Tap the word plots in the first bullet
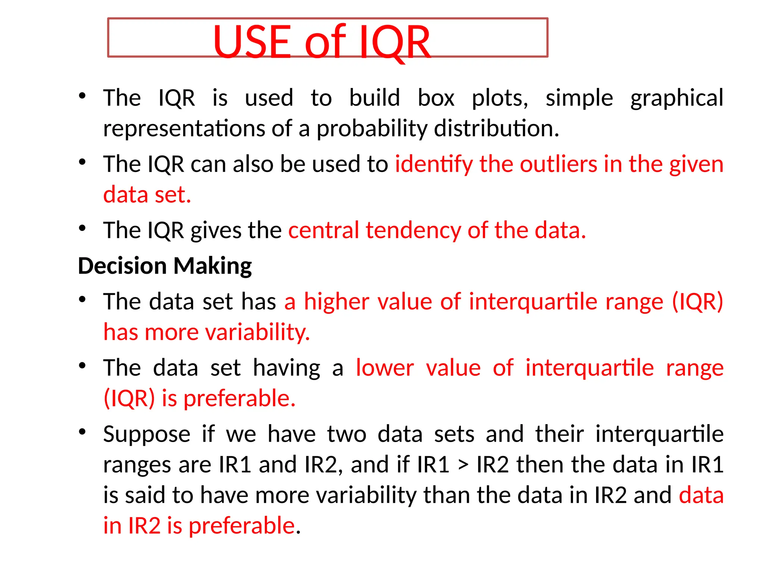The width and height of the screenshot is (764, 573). tap(500, 98)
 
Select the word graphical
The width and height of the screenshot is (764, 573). tap(677, 98)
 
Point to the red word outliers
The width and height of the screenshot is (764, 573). tap(558, 164)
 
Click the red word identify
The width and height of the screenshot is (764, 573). tap(433, 164)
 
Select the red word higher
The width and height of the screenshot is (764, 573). tap(336, 301)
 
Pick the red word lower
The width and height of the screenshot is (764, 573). tap(385, 368)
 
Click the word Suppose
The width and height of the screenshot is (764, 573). tap(147, 435)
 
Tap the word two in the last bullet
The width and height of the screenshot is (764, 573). tap(347, 435)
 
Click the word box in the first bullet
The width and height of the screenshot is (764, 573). tap(436, 98)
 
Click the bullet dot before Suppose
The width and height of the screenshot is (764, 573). tap(82, 432)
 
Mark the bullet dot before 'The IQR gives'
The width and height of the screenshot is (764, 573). tap(82, 228)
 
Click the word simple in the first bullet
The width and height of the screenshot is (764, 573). tap(579, 98)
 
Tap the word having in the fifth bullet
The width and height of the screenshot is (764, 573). tap(286, 368)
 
